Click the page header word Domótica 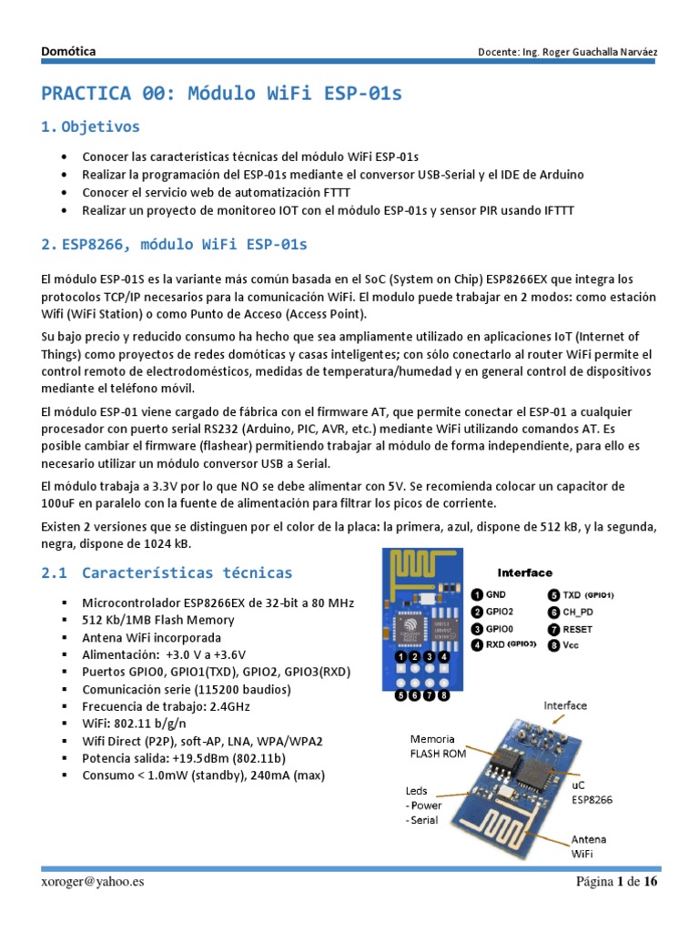(x=68, y=52)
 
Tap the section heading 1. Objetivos (x=91, y=127)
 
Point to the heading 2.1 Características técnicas (x=167, y=572)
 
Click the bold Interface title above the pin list (x=524, y=572)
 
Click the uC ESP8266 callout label (x=591, y=792)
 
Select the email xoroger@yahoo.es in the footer (x=92, y=881)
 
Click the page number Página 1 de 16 (x=616, y=881)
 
